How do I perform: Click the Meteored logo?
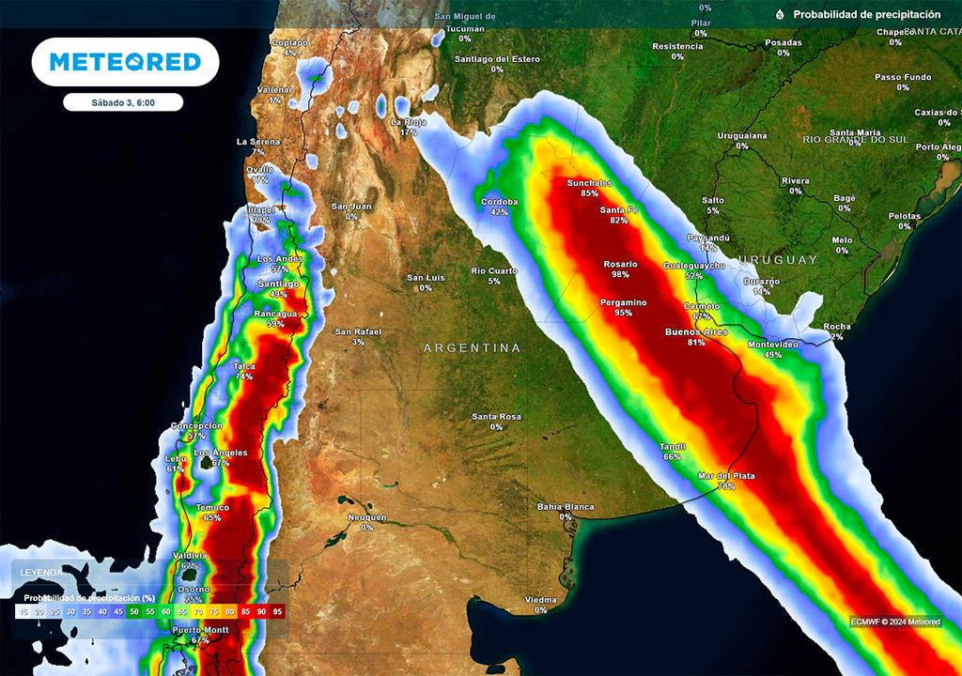(x=125, y=62)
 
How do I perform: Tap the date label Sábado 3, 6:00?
(x=123, y=102)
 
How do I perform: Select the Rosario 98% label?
(x=620, y=269)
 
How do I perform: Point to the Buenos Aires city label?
(x=697, y=332)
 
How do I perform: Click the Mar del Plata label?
(x=725, y=476)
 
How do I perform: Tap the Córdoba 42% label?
(x=500, y=207)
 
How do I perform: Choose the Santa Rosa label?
(x=496, y=417)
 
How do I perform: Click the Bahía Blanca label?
(x=566, y=507)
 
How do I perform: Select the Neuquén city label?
(x=366, y=517)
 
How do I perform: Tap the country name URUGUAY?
(x=778, y=259)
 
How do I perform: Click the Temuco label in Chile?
(x=212, y=508)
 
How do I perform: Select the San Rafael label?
(x=359, y=331)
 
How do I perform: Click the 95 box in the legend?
(x=277, y=611)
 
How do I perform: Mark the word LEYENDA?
(x=42, y=573)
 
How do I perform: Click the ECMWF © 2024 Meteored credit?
(x=901, y=622)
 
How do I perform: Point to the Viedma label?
(x=541, y=599)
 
